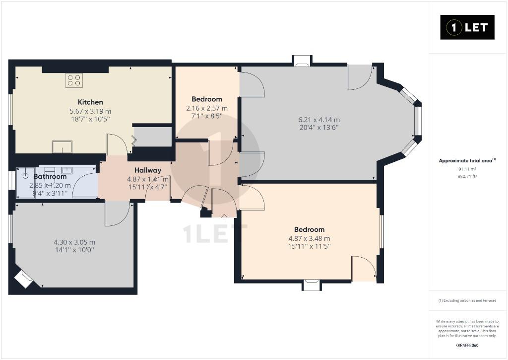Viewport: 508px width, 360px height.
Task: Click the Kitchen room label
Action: [90, 102]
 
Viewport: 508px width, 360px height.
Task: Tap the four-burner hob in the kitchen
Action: [74, 80]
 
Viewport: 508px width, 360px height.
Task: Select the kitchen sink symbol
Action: [63, 146]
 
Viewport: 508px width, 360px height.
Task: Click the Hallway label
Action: [148, 170]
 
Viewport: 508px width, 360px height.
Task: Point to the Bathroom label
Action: [50, 177]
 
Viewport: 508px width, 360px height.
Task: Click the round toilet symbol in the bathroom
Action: [26, 176]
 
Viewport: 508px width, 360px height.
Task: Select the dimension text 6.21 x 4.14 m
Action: [319, 120]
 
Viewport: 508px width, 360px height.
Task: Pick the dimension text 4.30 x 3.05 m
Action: [74, 242]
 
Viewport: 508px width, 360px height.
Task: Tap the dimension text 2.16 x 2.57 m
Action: [207, 108]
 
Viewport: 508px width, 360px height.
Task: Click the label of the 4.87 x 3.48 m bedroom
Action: [309, 229]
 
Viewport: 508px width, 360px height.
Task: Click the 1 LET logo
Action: [467, 27]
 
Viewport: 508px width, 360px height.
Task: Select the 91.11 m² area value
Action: [467, 169]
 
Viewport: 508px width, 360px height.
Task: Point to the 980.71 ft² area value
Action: [467, 176]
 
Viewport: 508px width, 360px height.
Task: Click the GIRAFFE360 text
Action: [467, 345]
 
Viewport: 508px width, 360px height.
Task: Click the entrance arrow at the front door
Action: [224, 216]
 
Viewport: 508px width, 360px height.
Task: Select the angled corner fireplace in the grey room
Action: [23, 279]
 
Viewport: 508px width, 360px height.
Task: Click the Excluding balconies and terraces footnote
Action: [467, 300]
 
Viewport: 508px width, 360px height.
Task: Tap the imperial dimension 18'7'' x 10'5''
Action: [90, 119]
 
